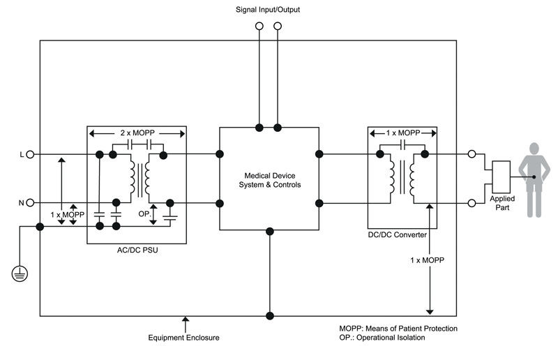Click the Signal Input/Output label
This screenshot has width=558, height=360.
[x=268, y=9]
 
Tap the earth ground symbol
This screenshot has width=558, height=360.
[x=19, y=274]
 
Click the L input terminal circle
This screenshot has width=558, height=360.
[x=30, y=154]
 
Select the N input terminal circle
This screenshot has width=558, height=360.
[x=30, y=203]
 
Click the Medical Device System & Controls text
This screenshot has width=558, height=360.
[x=269, y=179]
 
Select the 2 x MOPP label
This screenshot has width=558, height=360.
[x=136, y=132]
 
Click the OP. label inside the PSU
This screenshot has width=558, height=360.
[x=143, y=213]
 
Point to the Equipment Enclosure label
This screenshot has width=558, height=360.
[x=184, y=338]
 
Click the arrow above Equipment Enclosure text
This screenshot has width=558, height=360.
[x=184, y=322]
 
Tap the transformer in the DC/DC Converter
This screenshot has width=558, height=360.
[x=402, y=179]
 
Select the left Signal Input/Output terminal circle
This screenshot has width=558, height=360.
[x=259, y=26]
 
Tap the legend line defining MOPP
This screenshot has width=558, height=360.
[x=398, y=328]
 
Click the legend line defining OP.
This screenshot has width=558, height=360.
[x=382, y=338]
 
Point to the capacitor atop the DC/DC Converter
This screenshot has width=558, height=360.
[x=402, y=144]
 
